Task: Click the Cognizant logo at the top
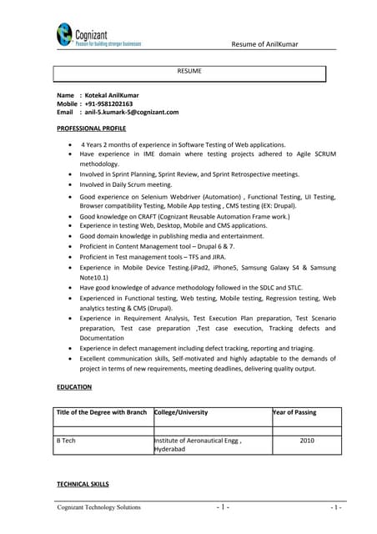(98, 34)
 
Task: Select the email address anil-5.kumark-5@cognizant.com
(132, 112)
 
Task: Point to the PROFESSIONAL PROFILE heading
(91, 128)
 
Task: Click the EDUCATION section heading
(74, 387)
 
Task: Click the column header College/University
(182, 412)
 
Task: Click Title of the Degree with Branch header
(101, 412)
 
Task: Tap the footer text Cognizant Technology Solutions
(98, 507)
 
